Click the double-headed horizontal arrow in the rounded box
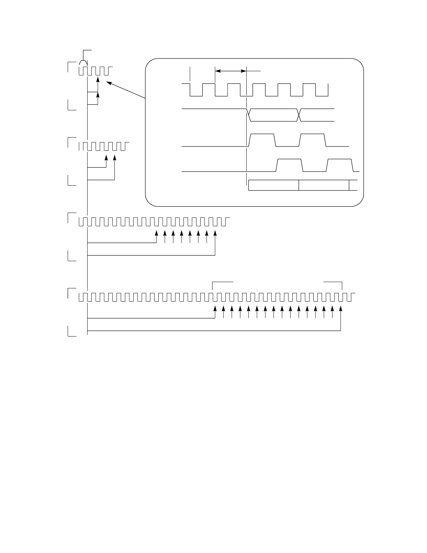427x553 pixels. (231, 71)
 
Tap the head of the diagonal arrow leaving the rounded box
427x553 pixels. (108, 83)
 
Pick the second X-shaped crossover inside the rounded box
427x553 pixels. (299, 115)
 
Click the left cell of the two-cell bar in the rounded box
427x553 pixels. (274, 185)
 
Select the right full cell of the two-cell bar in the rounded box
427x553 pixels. (324, 185)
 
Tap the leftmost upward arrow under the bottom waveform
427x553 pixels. (215, 309)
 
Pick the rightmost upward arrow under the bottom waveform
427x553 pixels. (340, 309)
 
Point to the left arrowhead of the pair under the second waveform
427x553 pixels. (106, 158)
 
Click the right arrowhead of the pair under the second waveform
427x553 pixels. (115, 158)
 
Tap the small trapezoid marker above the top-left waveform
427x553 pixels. (83, 62)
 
